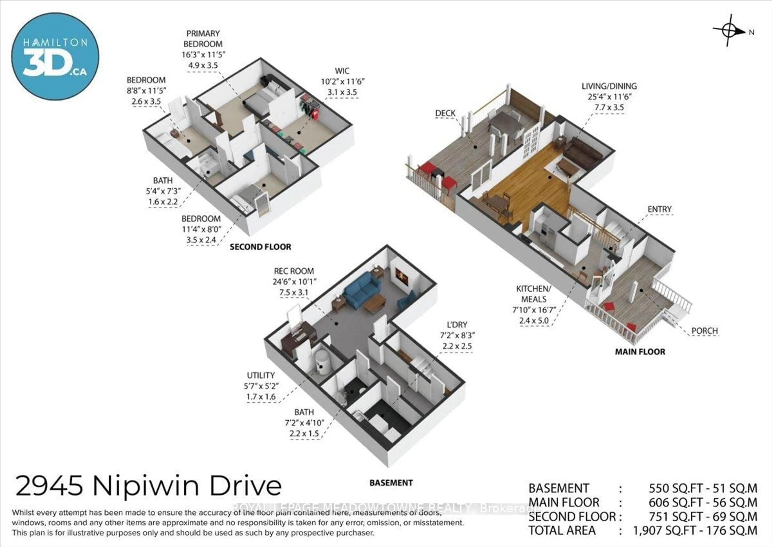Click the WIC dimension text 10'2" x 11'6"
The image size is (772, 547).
342,82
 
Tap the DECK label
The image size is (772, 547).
445,113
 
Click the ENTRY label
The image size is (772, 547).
659,209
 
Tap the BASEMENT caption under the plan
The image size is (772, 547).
391,483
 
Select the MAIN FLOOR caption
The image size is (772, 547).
640,352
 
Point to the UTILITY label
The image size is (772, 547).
261,375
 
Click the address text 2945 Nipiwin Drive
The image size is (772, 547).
148,486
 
